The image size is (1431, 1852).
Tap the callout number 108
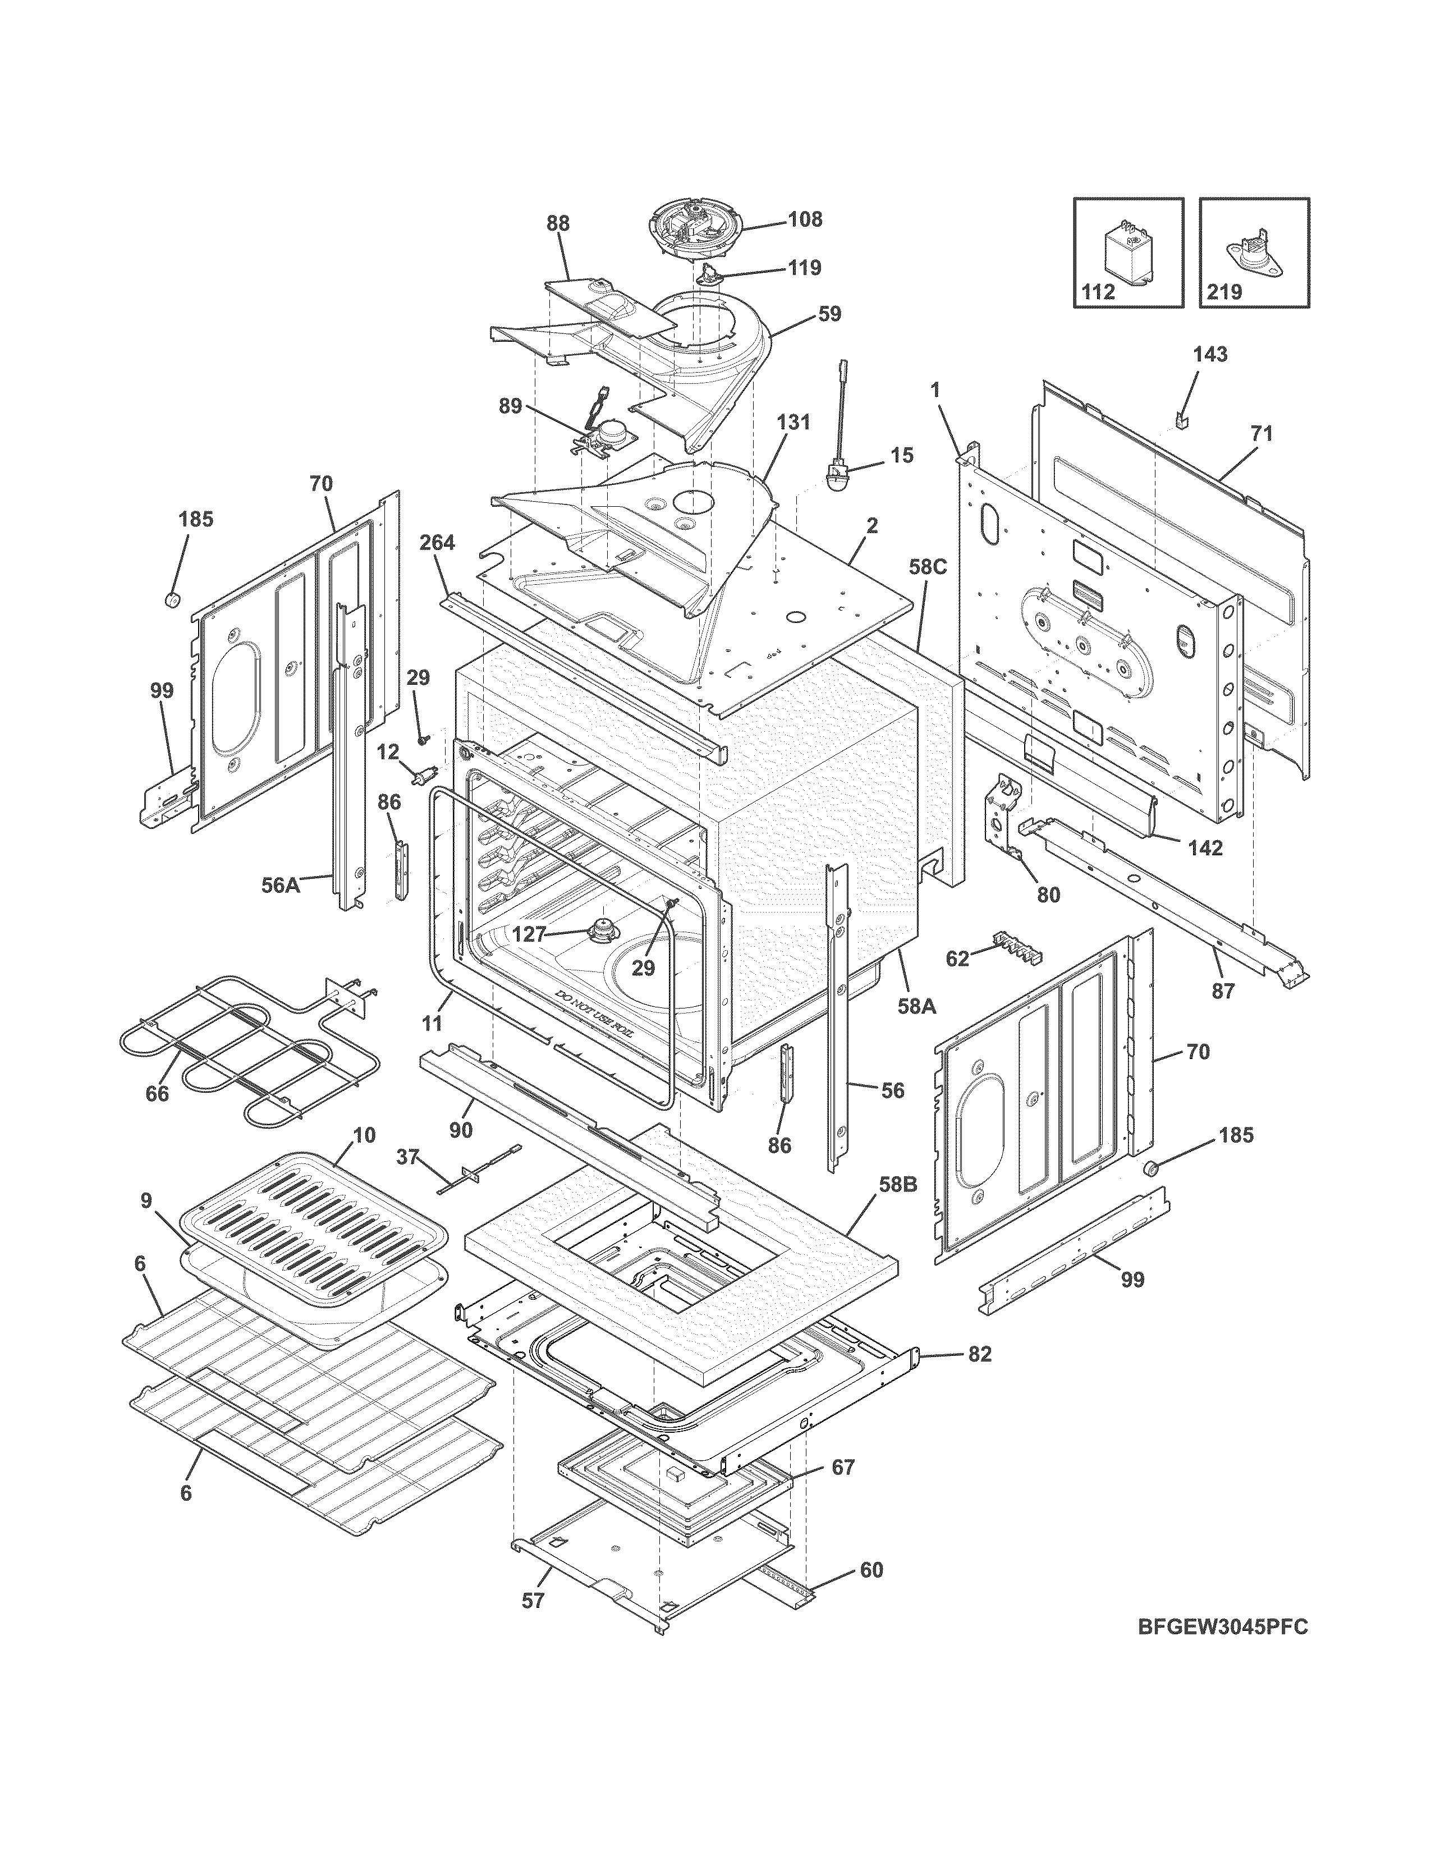click(x=805, y=219)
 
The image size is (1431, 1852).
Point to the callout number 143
click(x=1210, y=355)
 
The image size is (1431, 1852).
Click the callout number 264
click(x=438, y=542)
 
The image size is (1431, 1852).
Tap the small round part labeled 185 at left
click(x=174, y=600)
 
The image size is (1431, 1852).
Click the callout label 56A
click(x=281, y=885)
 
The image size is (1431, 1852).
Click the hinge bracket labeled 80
click(x=1004, y=814)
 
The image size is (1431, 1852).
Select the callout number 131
click(x=794, y=421)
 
